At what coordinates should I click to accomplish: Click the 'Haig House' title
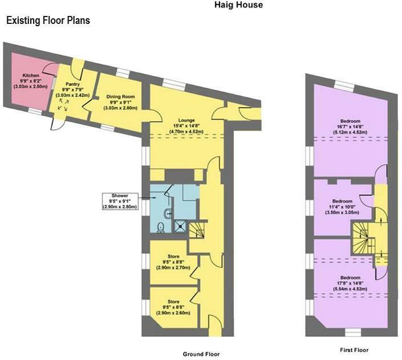(238, 5)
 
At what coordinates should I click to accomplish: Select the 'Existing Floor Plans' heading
(48, 21)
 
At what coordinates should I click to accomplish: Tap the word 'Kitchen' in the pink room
(31, 75)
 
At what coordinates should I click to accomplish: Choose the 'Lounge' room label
(186, 121)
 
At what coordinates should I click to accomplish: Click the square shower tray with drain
(180, 227)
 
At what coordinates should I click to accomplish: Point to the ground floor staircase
(197, 231)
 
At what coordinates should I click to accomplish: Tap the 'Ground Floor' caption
(201, 354)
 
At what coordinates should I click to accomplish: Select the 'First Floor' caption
(354, 350)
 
